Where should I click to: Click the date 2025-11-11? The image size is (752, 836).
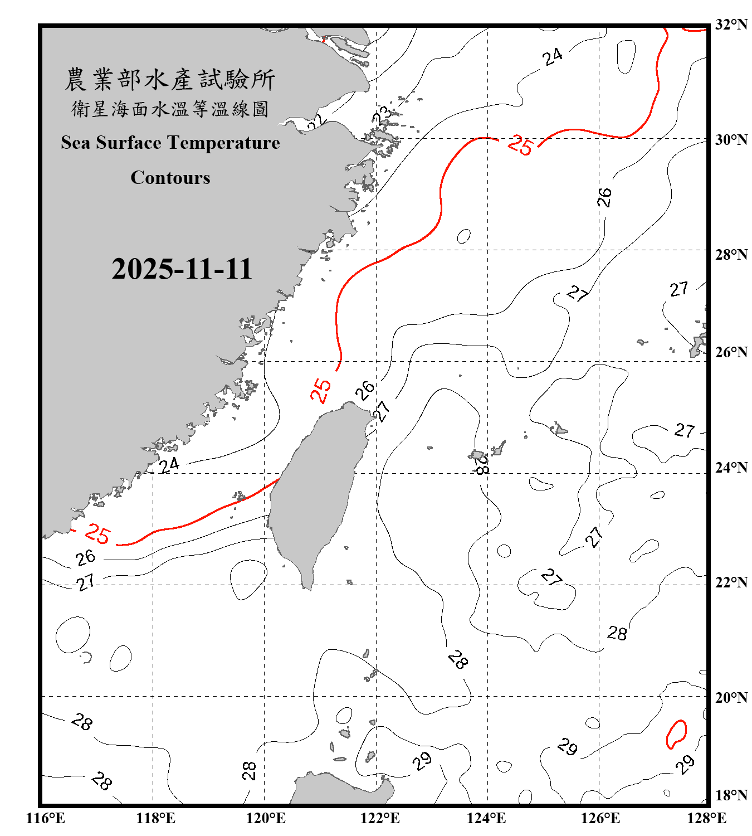click(182, 269)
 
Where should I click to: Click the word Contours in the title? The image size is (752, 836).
click(170, 178)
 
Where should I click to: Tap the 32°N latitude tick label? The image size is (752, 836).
click(731, 25)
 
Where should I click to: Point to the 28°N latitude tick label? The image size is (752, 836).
click(731, 255)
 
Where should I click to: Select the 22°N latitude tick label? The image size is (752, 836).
click(731, 582)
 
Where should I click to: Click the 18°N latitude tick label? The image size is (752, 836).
click(731, 795)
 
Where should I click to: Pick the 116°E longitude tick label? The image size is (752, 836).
click(46, 818)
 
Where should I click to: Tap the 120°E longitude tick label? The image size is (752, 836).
click(266, 818)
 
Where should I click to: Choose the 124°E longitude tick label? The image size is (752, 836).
click(486, 818)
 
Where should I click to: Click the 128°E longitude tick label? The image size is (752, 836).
click(706, 818)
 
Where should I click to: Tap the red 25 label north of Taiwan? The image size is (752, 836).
click(321, 390)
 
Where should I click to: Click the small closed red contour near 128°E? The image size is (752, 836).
click(676, 734)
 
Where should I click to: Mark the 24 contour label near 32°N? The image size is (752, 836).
click(553, 57)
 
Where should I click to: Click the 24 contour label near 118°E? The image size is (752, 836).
click(169, 465)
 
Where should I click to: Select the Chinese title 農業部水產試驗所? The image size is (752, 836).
click(170, 80)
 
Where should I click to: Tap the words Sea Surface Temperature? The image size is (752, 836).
click(170, 143)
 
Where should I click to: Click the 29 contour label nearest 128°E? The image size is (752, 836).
click(685, 764)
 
